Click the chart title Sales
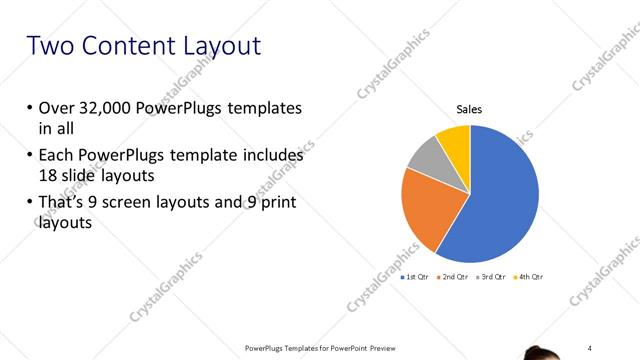pos(469,110)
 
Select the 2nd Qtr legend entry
pos(454,276)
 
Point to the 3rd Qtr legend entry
pos(492,276)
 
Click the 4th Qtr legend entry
pos(530,276)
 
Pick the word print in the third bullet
pos(279,204)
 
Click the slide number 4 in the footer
pos(590,347)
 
